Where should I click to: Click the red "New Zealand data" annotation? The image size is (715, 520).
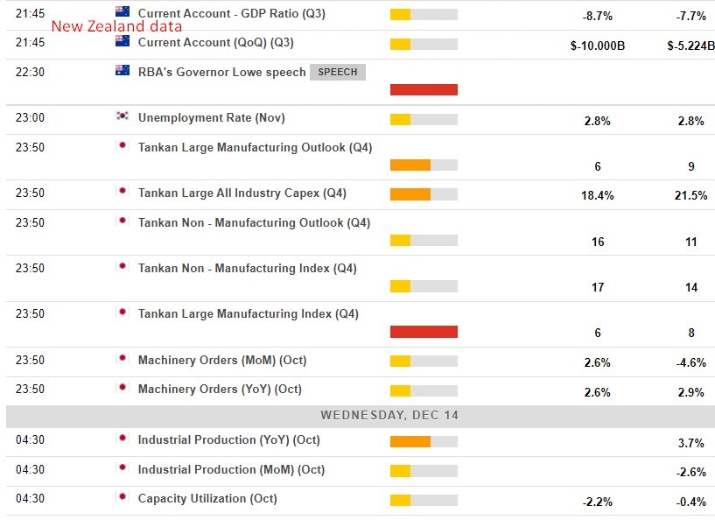116,26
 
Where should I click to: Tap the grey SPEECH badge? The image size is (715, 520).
337,72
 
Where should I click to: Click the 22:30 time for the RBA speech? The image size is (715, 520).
30,73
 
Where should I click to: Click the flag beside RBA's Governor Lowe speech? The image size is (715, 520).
123,71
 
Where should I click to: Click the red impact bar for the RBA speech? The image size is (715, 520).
424,89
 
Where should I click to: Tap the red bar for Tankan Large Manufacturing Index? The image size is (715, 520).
424,331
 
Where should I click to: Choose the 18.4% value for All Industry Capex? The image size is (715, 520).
598,195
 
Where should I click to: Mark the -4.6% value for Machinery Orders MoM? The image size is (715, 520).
690,362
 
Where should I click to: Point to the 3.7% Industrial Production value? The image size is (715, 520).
690,443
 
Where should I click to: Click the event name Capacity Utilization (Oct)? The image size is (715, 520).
207,498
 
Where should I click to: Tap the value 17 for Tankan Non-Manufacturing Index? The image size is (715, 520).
598,286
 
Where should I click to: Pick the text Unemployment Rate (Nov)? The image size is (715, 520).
211,118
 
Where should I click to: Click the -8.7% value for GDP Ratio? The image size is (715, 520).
598,17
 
